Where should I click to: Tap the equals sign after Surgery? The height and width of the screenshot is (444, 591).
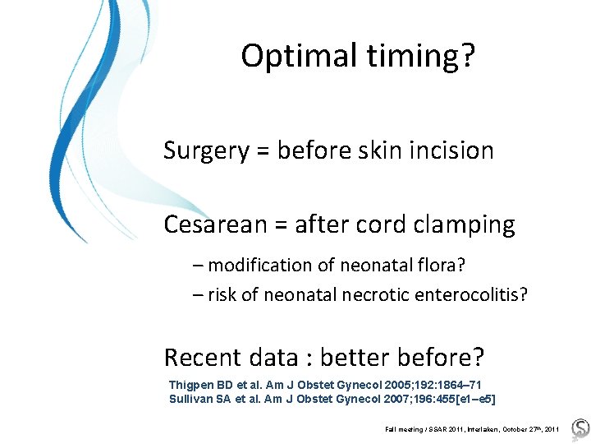click(x=262, y=152)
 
